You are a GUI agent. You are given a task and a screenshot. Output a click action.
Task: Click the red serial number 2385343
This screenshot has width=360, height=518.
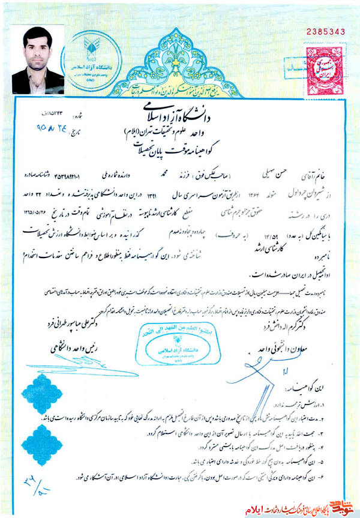coord(326,31)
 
